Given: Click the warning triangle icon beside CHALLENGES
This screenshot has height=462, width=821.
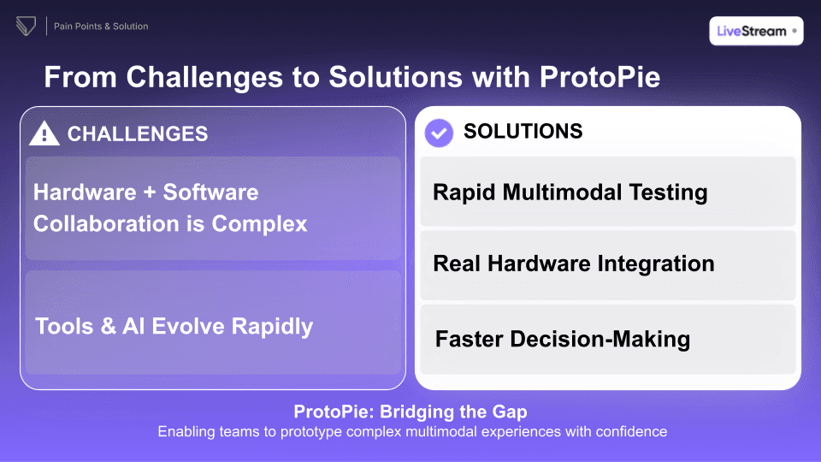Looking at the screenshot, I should coord(44,133).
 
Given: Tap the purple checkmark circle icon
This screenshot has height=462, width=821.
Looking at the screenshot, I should coord(439,133).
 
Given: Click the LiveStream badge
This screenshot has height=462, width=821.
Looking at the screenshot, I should coord(756,31).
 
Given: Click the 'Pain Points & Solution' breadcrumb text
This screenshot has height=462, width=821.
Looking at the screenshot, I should coord(101,27).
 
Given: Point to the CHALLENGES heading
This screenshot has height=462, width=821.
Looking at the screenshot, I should coord(137,133).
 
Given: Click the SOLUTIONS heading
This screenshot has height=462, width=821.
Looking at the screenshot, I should coord(523,131).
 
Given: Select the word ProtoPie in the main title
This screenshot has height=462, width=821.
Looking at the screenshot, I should coord(600,77).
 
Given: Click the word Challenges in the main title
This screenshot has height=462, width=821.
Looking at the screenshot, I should coord(203,77).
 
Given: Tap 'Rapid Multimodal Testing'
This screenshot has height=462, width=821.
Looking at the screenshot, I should coord(570,192).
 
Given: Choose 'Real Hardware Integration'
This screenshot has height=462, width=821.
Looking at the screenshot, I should coord(573,264).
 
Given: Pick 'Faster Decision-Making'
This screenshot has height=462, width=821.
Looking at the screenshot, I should coord(562,339).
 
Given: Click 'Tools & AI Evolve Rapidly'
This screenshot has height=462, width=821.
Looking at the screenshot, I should coord(174,326).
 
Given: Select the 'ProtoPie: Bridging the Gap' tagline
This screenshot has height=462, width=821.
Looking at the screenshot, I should coord(410,412).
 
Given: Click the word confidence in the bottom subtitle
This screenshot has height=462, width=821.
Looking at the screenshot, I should coord(629,431).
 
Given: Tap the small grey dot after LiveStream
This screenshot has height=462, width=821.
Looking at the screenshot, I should coord(794,31).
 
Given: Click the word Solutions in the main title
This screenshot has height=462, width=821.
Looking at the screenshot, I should coord(420,77).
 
